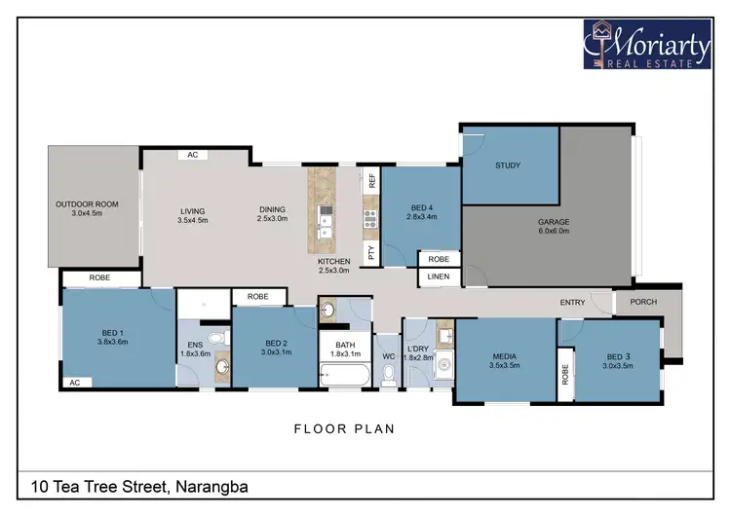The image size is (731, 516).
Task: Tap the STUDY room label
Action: pos(508,166)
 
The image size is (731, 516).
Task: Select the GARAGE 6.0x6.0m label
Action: pos(554,228)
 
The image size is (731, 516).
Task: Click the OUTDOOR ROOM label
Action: pos(87,208)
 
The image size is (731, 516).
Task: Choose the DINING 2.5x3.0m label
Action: pos(273,215)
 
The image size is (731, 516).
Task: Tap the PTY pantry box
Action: pos(371,251)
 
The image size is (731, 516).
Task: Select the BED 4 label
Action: pos(421,213)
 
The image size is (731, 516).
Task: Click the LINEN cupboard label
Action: pos(439,278)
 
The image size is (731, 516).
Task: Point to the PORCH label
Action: pos(644,302)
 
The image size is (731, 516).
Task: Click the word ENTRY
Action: pos(572,303)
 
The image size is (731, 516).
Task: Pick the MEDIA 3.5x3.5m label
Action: pos(505,361)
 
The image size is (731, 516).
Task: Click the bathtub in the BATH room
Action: pos(346,375)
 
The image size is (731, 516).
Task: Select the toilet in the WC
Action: pos(389,374)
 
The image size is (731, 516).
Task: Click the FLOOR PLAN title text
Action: pos(344,427)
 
